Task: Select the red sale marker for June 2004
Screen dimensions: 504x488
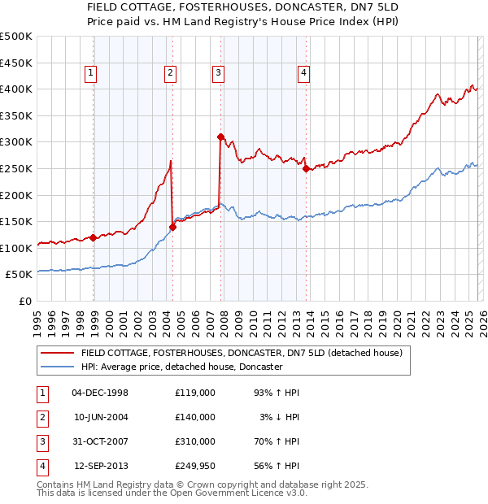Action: coord(172,227)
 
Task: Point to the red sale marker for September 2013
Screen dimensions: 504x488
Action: coord(306,169)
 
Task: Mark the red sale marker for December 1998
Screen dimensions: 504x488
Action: coord(94,238)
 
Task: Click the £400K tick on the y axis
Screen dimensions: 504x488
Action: coord(16,89)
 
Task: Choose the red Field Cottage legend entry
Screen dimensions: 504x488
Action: coord(236,354)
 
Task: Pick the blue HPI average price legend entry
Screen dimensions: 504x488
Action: coord(181,367)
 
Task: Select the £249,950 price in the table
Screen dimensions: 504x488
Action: coord(194,466)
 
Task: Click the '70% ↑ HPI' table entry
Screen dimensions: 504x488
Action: coord(276,441)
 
